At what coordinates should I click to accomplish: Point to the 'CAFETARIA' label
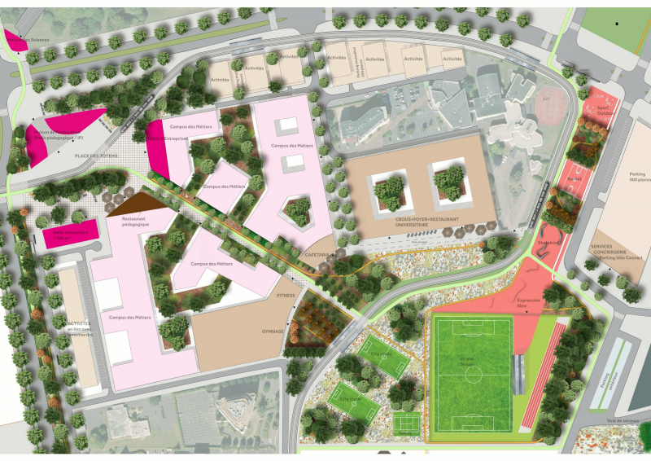click(x=317, y=254)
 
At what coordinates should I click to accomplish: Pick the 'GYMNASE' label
click(x=273, y=331)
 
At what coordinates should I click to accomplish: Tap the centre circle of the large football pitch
click(x=471, y=374)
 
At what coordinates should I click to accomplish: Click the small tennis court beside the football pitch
click(x=404, y=423)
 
